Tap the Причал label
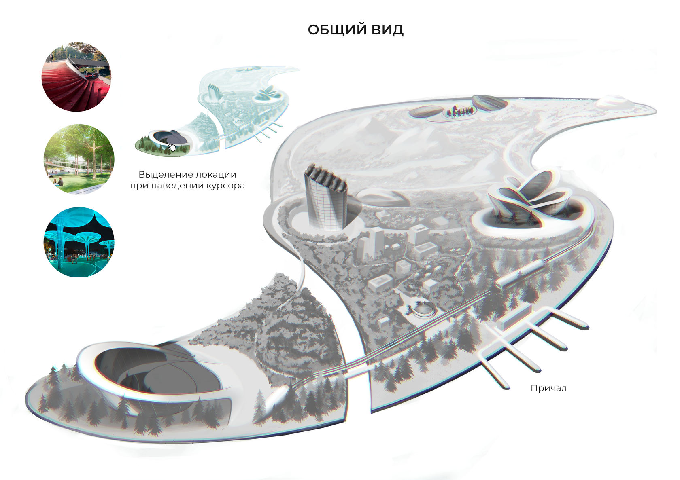(x=548, y=388)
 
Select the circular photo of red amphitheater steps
(x=76, y=77)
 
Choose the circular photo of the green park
(x=79, y=159)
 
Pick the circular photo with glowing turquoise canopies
(x=79, y=242)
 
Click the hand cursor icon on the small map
(x=172, y=146)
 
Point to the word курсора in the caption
(x=225, y=186)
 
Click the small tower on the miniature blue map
(x=214, y=93)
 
